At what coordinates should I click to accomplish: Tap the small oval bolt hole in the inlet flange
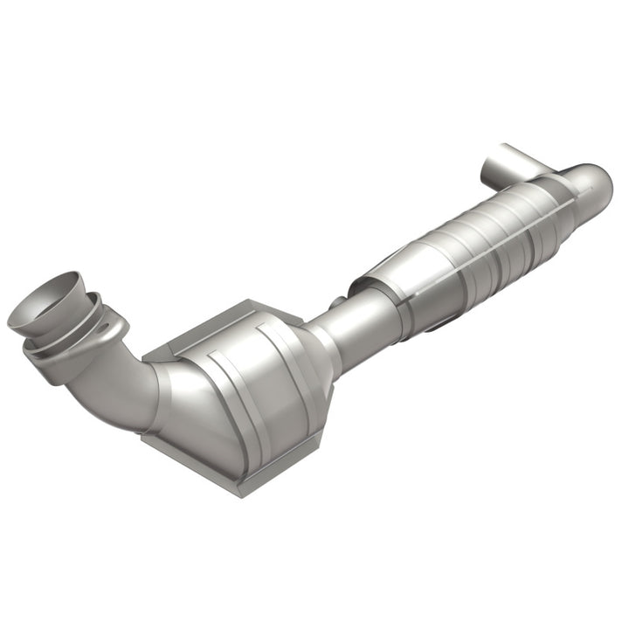click(105, 330)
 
